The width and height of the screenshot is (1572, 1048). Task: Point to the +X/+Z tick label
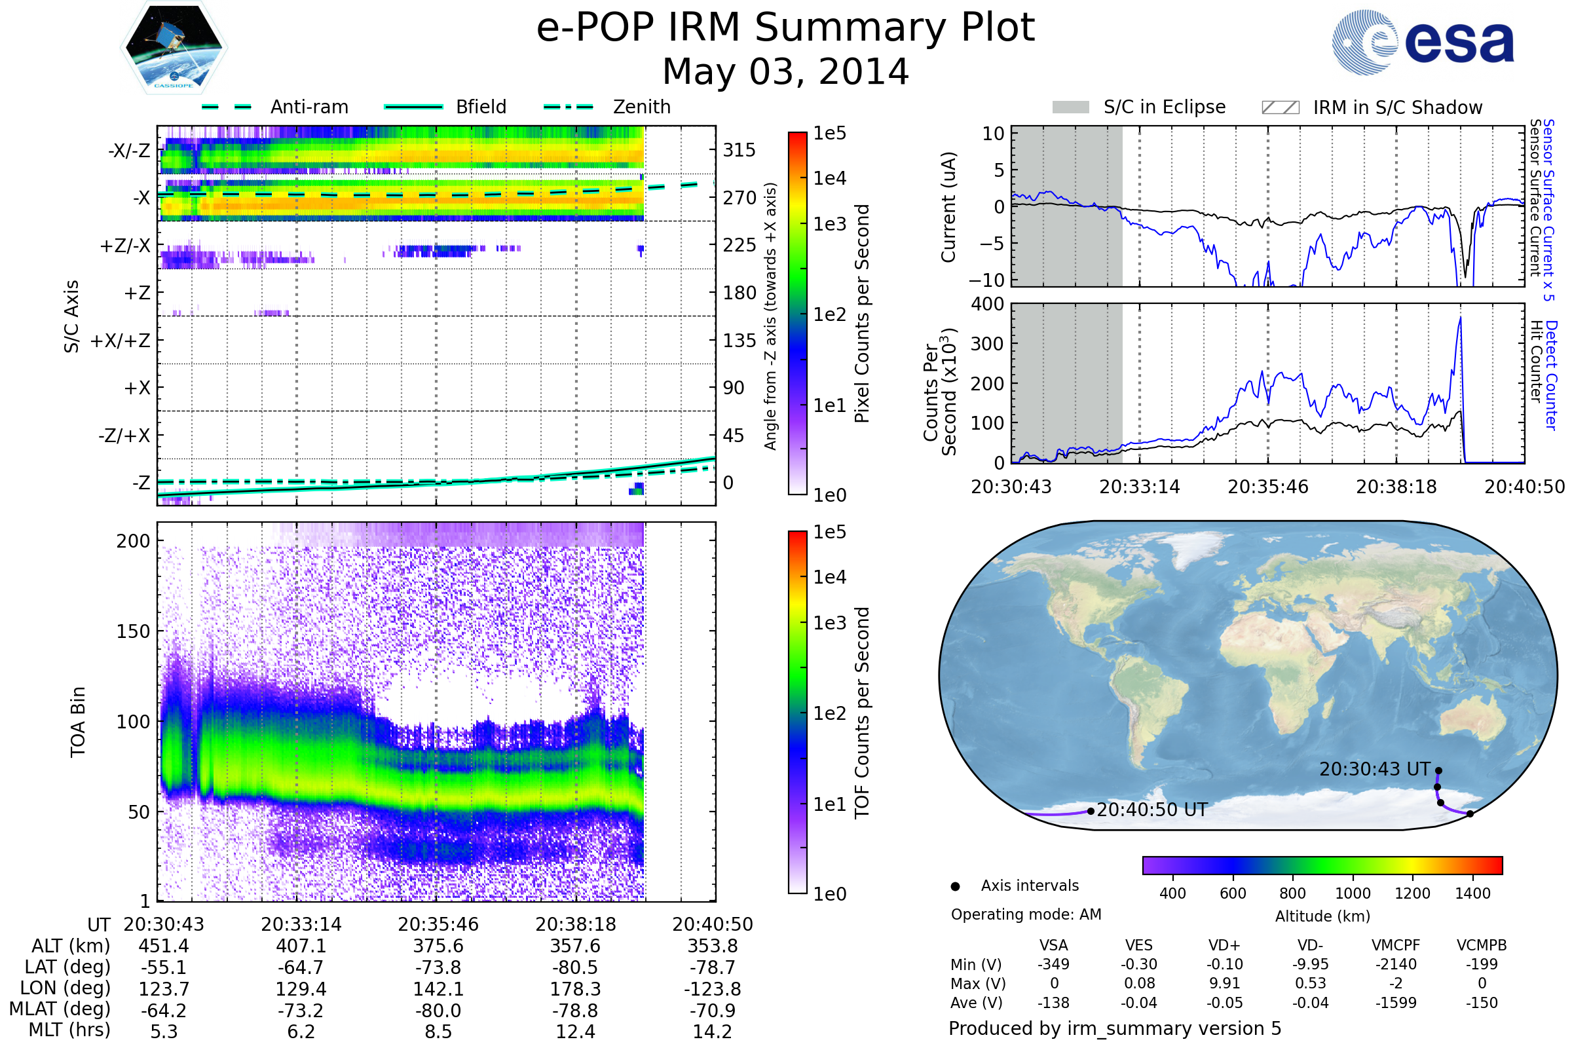pos(121,341)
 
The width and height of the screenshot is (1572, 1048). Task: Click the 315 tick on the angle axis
pos(739,150)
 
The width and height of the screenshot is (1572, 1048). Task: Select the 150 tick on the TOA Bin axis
pos(133,631)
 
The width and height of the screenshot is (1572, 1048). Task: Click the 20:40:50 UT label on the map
pos(1151,810)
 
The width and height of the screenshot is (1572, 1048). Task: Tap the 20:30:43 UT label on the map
pos(1374,769)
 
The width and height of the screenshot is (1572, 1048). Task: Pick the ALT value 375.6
pos(438,946)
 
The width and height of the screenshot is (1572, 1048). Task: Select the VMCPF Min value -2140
pos(1396,964)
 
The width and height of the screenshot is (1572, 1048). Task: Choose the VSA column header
pos(1053,946)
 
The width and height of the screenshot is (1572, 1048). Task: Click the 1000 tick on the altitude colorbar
pos(1352,893)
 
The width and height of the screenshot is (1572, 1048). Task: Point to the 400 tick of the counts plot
pos(987,304)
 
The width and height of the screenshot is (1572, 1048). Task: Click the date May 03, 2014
pos(785,71)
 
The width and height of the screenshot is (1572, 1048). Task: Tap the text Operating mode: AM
pos(1026,914)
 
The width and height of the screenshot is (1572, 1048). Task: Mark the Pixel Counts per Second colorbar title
pos(862,314)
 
